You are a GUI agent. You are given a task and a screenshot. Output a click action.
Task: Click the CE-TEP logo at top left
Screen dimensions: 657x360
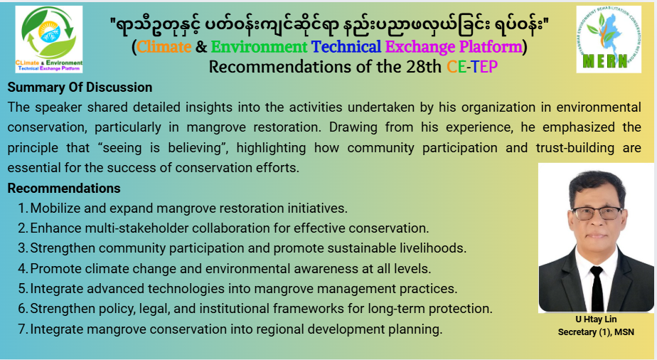click(48, 39)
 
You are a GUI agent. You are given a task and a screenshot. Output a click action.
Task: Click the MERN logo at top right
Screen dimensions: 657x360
click(609, 39)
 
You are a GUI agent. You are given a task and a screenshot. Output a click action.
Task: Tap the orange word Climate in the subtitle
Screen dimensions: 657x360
click(164, 46)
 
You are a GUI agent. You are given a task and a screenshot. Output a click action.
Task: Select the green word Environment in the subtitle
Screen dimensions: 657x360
click(259, 46)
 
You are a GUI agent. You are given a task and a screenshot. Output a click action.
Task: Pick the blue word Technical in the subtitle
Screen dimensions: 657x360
click(346, 46)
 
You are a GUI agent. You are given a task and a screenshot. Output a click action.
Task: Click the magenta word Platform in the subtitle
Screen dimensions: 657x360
click(491, 46)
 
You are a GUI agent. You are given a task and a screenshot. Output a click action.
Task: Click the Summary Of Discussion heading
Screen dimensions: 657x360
click(80, 88)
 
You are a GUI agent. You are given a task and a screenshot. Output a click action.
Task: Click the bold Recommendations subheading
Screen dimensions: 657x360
click(64, 188)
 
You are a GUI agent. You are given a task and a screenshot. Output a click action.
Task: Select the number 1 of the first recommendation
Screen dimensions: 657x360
click(22, 208)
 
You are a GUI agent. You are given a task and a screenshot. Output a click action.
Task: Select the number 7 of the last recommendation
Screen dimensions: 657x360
click(22, 329)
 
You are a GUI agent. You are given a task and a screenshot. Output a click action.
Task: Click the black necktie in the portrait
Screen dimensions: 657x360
click(597, 288)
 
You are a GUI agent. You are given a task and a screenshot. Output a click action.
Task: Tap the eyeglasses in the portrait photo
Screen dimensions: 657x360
click(597, 213)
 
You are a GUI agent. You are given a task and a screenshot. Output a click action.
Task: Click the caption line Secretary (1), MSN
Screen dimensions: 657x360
click(596, 332)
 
